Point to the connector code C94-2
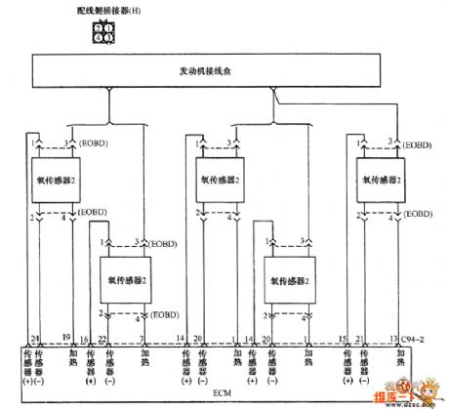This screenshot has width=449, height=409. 416,337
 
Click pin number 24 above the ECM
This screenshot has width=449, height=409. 34,337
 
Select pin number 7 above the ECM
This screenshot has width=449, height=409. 143,337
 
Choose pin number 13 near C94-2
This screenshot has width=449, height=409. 392,337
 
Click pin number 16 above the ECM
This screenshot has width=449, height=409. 83,337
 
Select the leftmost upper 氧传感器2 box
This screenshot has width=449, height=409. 56,182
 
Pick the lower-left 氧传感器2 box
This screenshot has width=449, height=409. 126,278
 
